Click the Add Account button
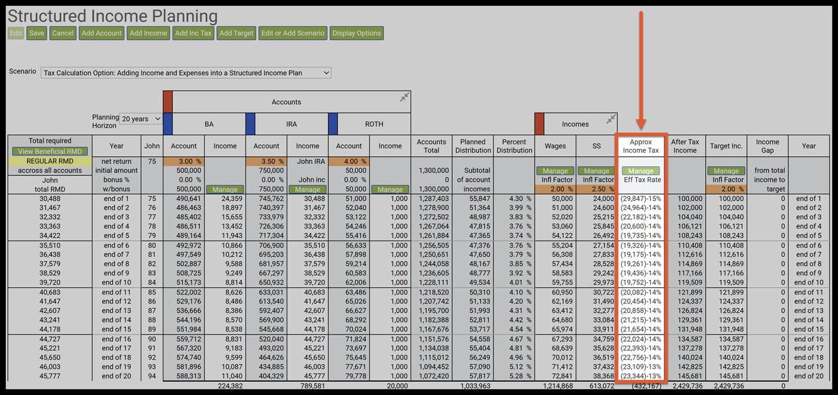(x=102, y=34)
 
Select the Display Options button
(x=357, y=34)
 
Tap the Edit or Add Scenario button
(x=293, y=34)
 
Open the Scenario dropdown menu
(x=186, y=73)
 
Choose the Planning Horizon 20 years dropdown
(x=141, y=119)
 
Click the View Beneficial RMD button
(x=50, y=151)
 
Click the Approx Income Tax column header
(x=640, y=146)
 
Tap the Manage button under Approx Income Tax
(x=640, y=171)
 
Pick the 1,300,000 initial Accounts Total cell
(x=432, y=171)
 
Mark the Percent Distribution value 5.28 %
(x=514, y=376)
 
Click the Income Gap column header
(x=767, y=146)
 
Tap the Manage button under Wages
(x=555, y=171)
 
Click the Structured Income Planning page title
(x=113, y=16)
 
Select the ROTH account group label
(x=374, y=124)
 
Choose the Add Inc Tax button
(x=193, y=34)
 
